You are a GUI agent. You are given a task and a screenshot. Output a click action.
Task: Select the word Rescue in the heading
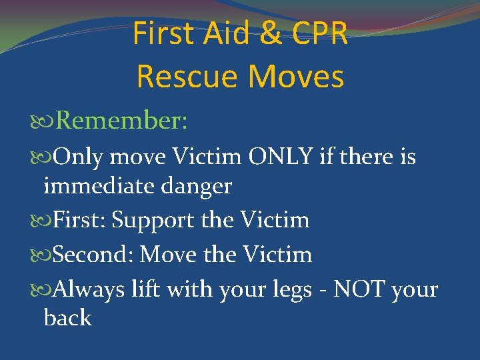177,76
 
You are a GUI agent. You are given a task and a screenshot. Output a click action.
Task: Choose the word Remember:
121,121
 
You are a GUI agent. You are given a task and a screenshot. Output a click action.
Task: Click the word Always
88,290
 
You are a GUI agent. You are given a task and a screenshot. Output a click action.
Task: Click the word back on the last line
67,318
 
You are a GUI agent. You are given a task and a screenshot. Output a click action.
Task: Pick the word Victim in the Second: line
277,255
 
